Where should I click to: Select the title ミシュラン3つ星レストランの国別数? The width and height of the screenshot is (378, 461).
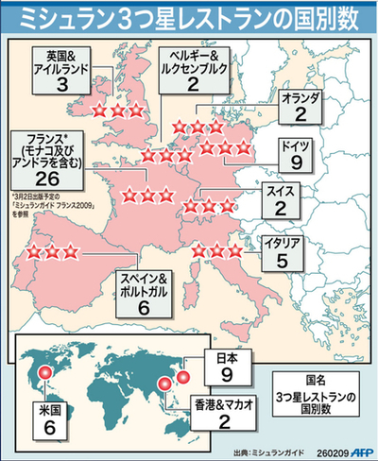coord(189,16)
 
